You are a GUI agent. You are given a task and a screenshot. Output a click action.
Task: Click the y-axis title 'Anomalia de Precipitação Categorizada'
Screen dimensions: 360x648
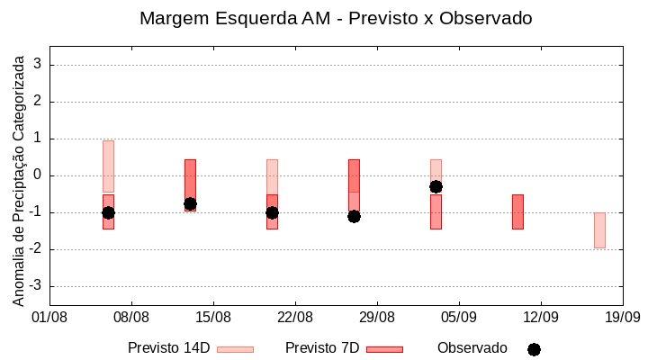pos(18,177)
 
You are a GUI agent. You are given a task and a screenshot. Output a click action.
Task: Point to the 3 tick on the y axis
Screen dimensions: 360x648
pos(38,65)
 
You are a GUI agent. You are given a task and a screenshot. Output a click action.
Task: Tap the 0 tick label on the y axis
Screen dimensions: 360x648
pos(38,175)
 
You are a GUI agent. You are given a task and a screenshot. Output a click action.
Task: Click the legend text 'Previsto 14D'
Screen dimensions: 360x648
pos(168,348)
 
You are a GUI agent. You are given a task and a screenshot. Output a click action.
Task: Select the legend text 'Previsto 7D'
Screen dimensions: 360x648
pos(321,348)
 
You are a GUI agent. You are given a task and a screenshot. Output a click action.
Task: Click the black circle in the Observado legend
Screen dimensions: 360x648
pos(534,349)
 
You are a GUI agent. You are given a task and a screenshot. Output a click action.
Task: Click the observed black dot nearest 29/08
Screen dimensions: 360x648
pos(354,216)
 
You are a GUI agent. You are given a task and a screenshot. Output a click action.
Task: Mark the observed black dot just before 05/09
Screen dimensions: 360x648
pos(436,186)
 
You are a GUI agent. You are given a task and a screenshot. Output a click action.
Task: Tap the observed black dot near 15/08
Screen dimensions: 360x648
pos(190,204)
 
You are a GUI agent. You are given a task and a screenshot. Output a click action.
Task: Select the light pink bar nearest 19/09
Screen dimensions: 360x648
pos(599,230)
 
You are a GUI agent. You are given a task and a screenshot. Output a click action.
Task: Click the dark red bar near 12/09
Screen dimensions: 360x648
pos(517,211)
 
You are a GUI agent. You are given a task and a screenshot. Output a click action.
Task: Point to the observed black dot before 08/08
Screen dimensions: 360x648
pos(108,212)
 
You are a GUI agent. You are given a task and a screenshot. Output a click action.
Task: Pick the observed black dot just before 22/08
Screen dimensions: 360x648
pos(272,212)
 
